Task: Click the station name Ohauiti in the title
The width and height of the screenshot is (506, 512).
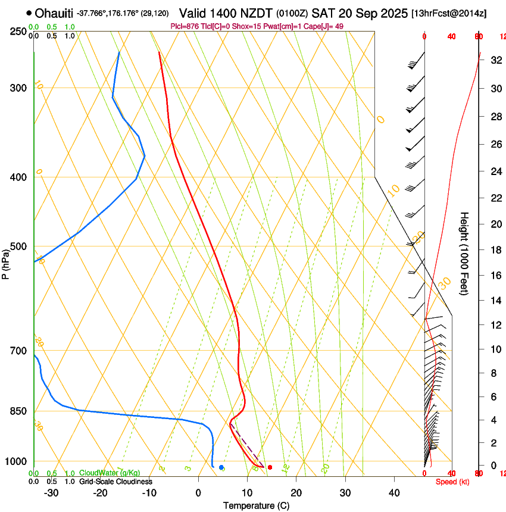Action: click(54, 13)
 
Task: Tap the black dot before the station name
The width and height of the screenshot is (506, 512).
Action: click(29, 13)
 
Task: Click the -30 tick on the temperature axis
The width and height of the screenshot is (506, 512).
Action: click(51, 493)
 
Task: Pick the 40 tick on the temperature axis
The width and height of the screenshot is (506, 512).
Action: click(393, 493)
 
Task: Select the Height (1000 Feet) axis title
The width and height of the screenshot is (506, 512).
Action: click(465, 253)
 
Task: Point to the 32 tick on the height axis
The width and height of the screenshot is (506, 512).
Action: click(495, 60)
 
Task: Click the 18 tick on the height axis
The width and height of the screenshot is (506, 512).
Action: click(495, 250)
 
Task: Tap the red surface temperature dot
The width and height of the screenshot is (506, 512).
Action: click(270, 467)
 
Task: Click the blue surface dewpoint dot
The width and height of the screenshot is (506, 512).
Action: click(221, 467)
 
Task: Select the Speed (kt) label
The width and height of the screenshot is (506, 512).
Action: click(452, 482)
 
